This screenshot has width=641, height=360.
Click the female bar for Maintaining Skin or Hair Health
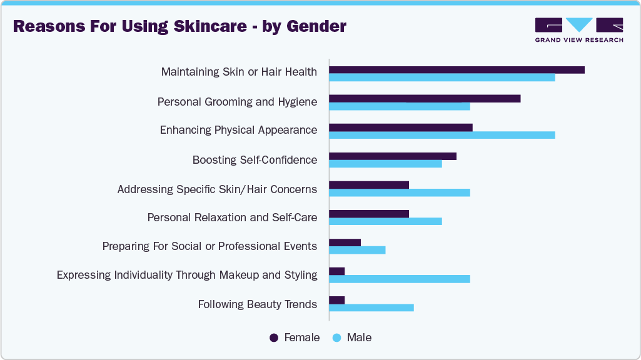[x=457, y=70]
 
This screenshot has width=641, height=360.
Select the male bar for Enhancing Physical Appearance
[x=442, y=135]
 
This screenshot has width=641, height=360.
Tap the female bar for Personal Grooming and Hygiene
[x=425, y=99]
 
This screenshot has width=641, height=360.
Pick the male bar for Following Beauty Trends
[x=371, y=307]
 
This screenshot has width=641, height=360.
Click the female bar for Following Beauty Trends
[x=337, y=300]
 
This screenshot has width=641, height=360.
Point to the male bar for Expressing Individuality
[x=400, y=279]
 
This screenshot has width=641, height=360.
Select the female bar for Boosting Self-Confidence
[x=393, y=156]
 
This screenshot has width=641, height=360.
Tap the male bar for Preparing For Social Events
[x=357, y=250]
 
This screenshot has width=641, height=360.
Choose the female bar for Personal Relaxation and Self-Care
[x=369, y=214]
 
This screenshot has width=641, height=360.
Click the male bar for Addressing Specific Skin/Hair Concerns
[x=400, y=192]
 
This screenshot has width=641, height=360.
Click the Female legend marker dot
[x=274, y=337]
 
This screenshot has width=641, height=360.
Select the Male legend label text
[x=359, y=337]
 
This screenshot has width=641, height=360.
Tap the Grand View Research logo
[x=578, y=29]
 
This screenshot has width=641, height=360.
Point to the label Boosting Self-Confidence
[x=255, y=160]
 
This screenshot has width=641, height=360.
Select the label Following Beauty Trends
[x=258, y=304]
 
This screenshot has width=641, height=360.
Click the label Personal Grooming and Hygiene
[x=237, y=101]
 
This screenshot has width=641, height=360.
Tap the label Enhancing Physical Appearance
[x=238, y=130]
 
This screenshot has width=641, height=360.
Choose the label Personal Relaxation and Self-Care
[x=232, y=217]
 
